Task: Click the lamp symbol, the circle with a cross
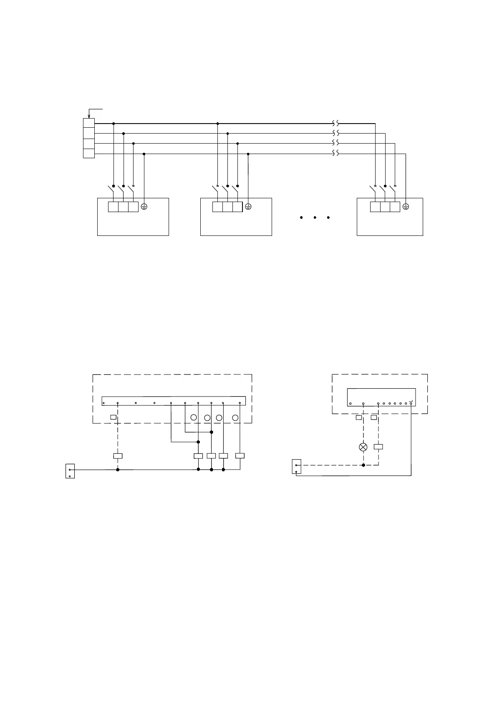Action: tap(363, 447)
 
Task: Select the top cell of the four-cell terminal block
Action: tap(89, 123)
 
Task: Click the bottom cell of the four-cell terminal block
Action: tap(89, 153)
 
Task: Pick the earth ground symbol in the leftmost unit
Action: tap(144, 207)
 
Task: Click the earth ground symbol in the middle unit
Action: tap(248, 207)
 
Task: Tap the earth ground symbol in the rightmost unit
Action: tap(406, 207)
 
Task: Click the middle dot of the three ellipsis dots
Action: tap(315, 217)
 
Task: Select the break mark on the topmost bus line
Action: tap(336, 124)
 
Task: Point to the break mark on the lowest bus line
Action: tap(336, 153)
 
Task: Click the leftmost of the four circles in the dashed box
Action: tap(194, 417)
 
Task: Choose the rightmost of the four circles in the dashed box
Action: tap(235, 417)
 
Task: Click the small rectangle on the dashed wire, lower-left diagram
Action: tap(118, 456)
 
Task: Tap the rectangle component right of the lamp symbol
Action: tap(378, 447)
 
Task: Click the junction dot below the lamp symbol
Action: tap(363, 465)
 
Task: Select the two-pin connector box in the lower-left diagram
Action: tap(70, 471)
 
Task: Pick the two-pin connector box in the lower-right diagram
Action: tap(296, 467)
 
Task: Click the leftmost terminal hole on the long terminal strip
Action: tap(103, 403)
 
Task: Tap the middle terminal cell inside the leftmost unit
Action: tap(123, 207)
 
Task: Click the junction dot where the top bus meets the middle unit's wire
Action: tap(217, 124)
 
